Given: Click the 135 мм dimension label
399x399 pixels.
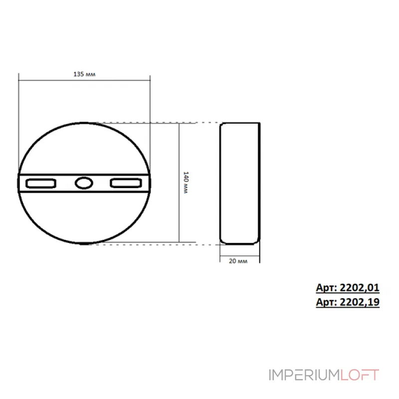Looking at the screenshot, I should click(x=84, y=74).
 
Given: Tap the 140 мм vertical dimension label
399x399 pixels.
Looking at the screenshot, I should click(x=185, y=183).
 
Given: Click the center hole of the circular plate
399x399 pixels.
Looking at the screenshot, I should click(x=84, y=183).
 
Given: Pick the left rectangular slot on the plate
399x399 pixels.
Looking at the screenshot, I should click(x=40, y=184).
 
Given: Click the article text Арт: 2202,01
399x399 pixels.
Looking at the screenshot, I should click(x=348, y=288).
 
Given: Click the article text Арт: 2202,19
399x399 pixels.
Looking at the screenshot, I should click(x=348, y=302).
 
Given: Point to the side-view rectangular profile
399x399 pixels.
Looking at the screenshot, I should click(x=240, y=183).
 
